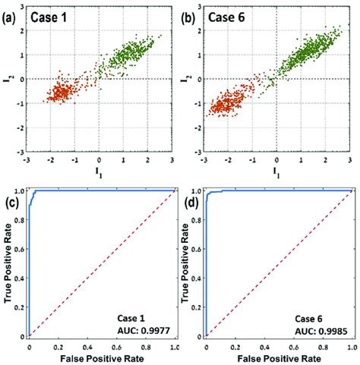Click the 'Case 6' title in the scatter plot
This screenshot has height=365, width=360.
233,16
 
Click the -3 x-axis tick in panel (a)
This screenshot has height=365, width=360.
27,161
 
